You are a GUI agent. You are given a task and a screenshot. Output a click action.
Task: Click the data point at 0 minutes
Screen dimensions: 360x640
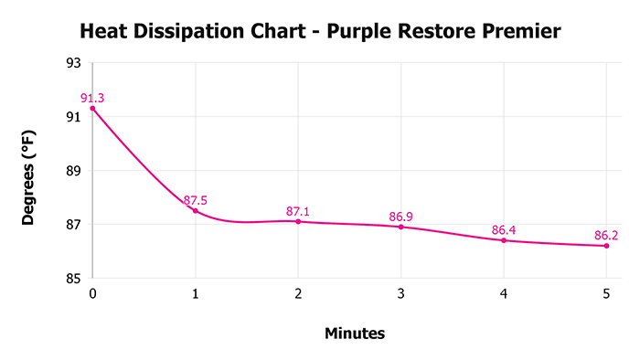point(92,108)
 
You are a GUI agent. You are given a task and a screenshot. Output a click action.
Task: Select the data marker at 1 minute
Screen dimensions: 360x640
point(195,211)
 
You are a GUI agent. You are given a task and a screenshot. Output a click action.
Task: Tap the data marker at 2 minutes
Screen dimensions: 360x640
point(298,221)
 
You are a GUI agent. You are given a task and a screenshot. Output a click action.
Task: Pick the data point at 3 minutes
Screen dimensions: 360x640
point(400,227)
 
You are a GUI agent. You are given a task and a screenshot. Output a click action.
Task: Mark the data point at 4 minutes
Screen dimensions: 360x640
point(504,240)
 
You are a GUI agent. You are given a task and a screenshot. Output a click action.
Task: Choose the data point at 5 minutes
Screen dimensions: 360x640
point(606,246)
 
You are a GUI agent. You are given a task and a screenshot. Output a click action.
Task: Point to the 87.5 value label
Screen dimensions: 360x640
point(197,200)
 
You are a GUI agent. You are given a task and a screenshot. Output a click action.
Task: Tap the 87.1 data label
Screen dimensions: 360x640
point(299,211)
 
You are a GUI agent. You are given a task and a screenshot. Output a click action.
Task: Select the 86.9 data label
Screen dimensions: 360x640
point(401,217)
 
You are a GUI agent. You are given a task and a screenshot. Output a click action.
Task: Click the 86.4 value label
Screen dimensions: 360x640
point(504,230)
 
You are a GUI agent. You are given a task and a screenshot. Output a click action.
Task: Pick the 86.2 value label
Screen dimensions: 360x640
point(606,236)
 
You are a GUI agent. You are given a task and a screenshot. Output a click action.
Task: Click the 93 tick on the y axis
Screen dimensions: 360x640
point(73,63)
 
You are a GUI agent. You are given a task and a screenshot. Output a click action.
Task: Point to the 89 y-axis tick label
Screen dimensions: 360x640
point(73,171)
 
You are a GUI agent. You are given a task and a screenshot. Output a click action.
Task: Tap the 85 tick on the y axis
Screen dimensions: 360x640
point(73,279)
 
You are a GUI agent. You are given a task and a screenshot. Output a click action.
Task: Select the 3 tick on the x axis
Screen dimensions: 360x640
point(400,294)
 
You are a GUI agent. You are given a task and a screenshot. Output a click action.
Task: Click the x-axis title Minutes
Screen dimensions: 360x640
point(355,334)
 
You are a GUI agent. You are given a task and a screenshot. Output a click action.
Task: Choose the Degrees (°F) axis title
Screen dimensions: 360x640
point(30,171)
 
